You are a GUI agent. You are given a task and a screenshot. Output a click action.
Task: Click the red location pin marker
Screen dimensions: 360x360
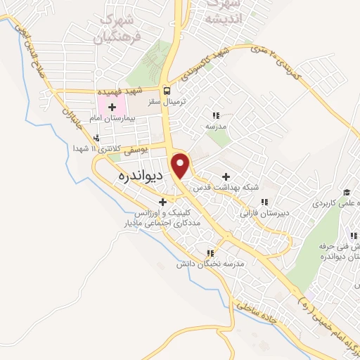(x=181, y=165)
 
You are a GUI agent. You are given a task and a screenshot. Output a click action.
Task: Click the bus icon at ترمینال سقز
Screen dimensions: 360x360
(x=167, y=91)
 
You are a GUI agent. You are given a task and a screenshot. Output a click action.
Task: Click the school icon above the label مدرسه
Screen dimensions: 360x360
(x=217, y=115)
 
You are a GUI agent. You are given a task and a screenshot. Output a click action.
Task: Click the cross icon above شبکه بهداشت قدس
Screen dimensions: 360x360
(x=226, y=176)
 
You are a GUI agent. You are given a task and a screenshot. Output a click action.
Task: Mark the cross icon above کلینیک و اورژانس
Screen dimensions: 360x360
(x=162, y=201)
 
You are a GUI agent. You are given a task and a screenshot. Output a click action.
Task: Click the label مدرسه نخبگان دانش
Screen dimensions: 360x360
(x=210, y=264)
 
